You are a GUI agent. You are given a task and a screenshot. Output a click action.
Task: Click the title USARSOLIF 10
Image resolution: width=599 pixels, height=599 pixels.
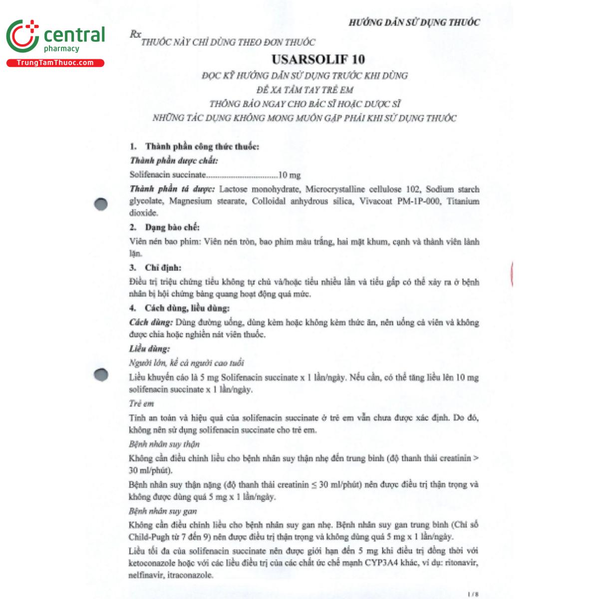318,59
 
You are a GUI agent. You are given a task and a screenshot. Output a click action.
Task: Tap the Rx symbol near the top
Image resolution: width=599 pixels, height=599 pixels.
135,34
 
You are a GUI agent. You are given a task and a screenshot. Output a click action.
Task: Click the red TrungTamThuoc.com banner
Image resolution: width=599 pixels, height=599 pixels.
55,63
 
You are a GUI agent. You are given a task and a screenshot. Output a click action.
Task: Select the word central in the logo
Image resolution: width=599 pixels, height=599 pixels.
74,35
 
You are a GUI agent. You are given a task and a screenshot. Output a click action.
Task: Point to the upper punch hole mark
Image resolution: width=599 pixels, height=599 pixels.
101,204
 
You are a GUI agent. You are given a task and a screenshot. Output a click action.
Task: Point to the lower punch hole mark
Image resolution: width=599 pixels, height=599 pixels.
101,374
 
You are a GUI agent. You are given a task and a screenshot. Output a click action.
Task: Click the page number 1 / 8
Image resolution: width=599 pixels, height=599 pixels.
473,594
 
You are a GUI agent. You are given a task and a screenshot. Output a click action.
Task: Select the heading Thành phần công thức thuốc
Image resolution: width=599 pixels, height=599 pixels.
202,146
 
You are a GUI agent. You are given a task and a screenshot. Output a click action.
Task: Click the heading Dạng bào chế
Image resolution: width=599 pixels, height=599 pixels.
172,228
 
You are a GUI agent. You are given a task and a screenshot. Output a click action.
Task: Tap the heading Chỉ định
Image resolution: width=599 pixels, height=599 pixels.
163,268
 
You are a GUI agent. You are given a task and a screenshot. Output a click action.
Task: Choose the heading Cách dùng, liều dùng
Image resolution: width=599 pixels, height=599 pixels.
187,308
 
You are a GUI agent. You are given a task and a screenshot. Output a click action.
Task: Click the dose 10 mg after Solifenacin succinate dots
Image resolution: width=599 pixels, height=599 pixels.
290,175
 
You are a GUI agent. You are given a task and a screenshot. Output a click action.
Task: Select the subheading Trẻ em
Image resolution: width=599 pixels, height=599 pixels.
141,403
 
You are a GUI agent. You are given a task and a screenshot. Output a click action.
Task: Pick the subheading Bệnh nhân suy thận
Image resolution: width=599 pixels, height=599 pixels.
164,444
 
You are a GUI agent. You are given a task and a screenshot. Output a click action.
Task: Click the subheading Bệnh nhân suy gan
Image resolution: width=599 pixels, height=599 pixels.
163,511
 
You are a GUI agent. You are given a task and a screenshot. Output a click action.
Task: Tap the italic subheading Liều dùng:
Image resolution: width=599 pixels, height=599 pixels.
149,348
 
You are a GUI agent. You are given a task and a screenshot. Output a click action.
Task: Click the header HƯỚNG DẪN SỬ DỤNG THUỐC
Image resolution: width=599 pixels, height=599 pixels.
414,22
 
